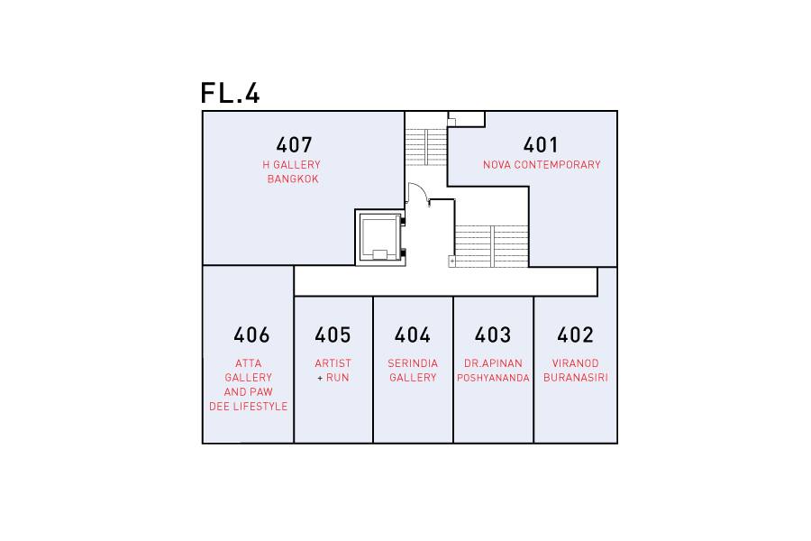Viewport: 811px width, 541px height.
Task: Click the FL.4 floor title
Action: pyautogui.click(x=230, y=93)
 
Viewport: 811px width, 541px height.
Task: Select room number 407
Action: pyautogui.click(x=295, y=145)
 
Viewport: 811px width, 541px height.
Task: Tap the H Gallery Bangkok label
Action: pyautogui.click(x=292, y=172)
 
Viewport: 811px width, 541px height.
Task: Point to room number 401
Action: pyautogui.click(x=541, y=145)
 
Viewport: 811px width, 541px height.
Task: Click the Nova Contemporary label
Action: pyautogui.click(x=542, y=165)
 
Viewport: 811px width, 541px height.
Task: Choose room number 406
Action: pyautogui.click(x=252, y=335)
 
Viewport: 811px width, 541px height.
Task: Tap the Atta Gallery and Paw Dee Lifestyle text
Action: pyautogui.click(x=249, y=385)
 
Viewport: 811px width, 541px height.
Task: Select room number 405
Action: pyautogui.click(x=333, y=335)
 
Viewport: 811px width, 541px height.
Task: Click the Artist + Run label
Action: pyautogui.click(x=333, y=371)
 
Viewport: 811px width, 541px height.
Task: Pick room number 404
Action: pyautogui.click(x=413, y=335)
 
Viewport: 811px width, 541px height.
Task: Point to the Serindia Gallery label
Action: pyautogui.click(x=413, y=371)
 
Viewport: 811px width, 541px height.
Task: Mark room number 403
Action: pyautogui.click(x=493, y=335)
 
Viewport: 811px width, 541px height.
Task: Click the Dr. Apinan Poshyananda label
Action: pyautogui.click(x=494, y=371)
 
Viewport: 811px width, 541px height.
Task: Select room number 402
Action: pyautogui.click(x=575, y=335)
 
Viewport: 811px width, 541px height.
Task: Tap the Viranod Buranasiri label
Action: pyautogui.click(x=576, y=371)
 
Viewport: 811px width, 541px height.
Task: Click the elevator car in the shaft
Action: pyautogui.click(x=379, y=238)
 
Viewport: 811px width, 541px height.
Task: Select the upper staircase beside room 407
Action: pyautogui.click(x=426, y=147)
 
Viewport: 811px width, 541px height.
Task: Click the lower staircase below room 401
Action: pyautogui.click(x=491, y=246)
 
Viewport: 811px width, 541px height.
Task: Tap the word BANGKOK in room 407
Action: pyautogui.click(x=293, y=179)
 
